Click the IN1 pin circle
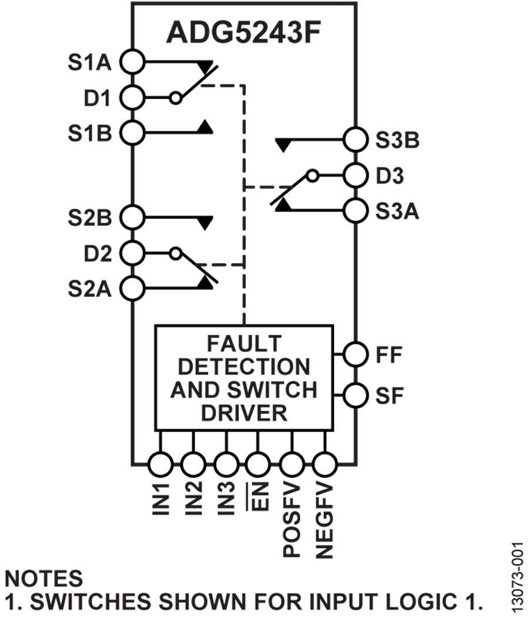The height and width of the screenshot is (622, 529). pyautogui.click(x=160, y=464)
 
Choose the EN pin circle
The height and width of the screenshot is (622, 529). pyautogui.click(x=257, y=464)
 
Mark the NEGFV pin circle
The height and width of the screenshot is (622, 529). pyautogui.click(x=323, y=464)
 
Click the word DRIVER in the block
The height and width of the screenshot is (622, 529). pyautogui.click(x=245, y=412)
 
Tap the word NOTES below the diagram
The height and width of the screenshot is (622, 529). pyautogui.click(x=44, y=578)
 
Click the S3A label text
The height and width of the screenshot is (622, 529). pyautogui.click(x=397, y=211)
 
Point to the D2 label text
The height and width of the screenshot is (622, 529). pyautogui.click(x=98, y=253)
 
